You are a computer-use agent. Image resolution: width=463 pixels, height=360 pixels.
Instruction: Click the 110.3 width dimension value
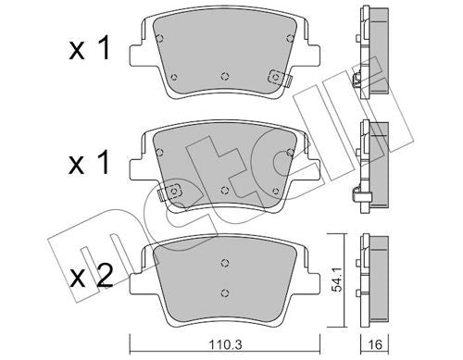tap(225, 344)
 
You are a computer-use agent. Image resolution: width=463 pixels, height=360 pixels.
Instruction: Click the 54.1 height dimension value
tap(336, 280)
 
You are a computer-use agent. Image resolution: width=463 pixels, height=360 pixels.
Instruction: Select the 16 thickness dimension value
tap(375, 344)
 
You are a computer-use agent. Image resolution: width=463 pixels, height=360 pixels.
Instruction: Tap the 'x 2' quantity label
tap(92, 277)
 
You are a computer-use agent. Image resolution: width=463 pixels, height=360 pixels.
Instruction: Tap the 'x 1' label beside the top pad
tap(89, 48)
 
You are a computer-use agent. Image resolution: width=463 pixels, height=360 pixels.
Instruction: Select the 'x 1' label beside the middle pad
tap(89, 163)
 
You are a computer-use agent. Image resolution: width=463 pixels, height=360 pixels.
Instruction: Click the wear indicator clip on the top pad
tap(279, 78)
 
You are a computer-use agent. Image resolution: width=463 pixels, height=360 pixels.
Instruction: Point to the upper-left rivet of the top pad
tap(159, 38)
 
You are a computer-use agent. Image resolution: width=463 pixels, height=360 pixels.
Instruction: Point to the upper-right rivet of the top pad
tap(290, 38)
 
